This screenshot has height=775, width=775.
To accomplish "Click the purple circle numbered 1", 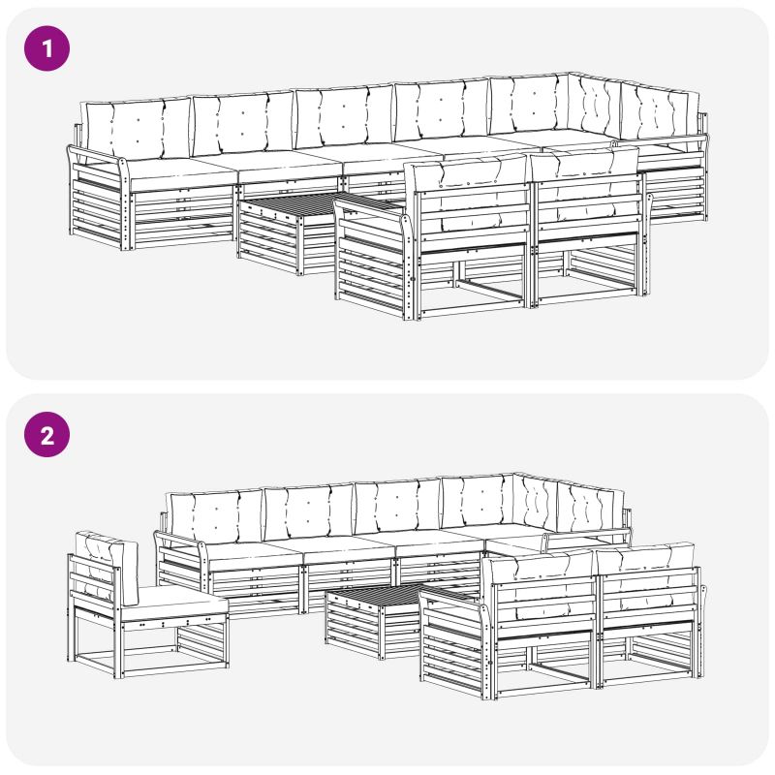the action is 46,48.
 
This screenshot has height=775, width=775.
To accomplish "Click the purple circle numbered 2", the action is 46,434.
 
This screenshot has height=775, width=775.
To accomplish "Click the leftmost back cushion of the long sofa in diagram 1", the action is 137,128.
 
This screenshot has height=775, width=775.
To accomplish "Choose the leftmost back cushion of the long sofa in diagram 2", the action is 215,516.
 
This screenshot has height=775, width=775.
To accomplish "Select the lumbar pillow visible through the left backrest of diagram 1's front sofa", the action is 472,223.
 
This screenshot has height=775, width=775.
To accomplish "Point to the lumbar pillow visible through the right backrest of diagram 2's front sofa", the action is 642,601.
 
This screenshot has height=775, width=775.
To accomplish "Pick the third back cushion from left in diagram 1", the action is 345,117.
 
